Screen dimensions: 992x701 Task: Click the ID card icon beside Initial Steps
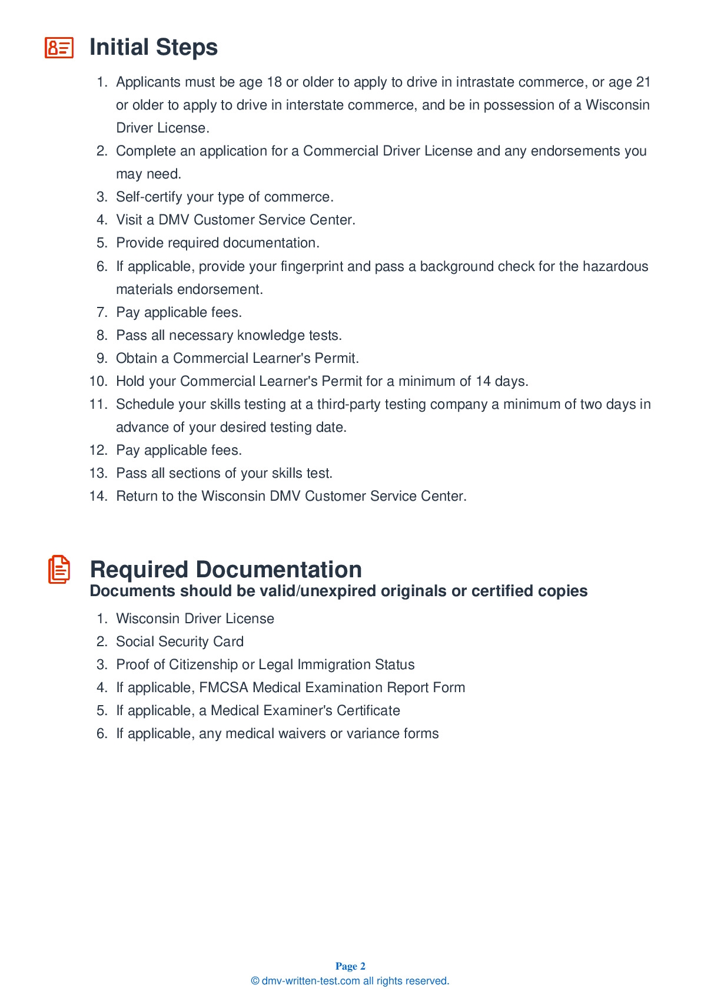(59, 48)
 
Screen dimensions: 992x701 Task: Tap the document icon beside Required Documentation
(59, 569)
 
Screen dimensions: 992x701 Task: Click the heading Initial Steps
(153, 47)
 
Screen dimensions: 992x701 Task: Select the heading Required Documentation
(225, 569)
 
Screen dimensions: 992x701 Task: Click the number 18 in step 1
(274, 82)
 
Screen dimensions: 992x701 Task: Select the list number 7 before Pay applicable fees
(102, 312)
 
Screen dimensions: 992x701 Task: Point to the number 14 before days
(483, 381)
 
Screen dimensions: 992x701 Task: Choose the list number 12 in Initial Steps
(98, 450)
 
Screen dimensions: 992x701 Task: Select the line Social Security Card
(180, 642)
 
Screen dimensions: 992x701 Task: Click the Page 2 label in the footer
(350, 966)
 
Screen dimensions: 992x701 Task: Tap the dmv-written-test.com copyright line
(350, 981)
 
